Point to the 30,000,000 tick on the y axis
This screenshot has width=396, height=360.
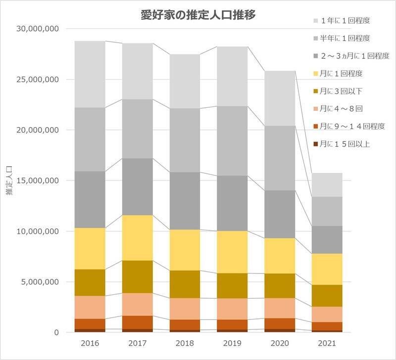38,29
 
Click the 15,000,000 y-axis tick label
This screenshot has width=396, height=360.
38,180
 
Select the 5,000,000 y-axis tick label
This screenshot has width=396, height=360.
40,282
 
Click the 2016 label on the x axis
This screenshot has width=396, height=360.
90,343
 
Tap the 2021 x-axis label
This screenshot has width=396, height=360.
327,343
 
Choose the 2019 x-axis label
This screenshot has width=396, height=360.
232,343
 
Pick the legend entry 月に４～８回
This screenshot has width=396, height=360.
342,109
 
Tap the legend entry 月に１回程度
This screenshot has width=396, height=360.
342,74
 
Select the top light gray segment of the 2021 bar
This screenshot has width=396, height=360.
327,185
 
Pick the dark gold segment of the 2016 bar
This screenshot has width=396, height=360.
90,282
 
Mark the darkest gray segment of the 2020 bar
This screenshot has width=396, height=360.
280,214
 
